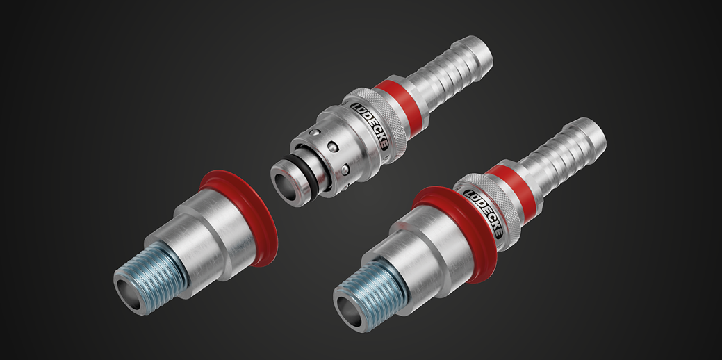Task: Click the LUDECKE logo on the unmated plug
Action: point(370,126)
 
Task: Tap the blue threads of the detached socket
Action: point(152,277)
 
